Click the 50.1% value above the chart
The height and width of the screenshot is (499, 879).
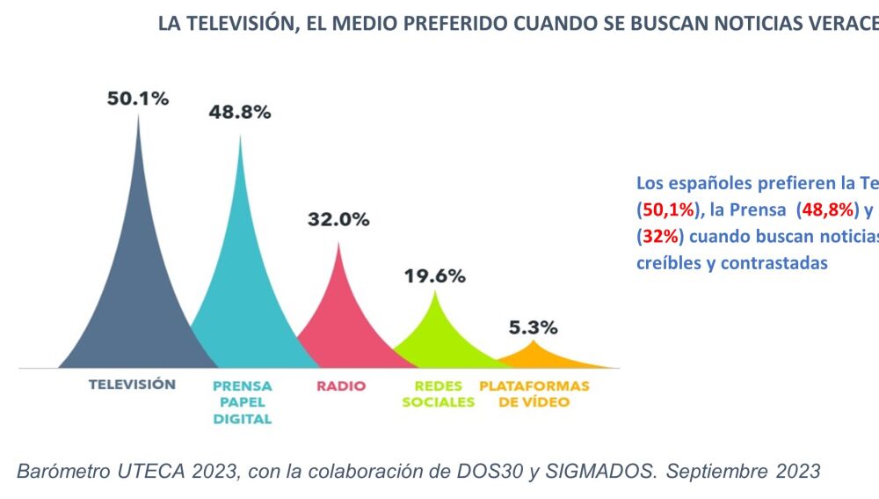[138, 99]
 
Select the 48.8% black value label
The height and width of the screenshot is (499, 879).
[240, 113]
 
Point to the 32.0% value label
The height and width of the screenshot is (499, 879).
[338, 220]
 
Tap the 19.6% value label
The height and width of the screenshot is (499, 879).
[434, 275]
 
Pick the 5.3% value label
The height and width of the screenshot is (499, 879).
[533, 327]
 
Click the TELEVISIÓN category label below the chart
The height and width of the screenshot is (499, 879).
[132, 385]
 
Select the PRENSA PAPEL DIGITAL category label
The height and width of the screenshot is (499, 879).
[243, 402]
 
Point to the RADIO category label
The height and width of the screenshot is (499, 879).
[340, 385]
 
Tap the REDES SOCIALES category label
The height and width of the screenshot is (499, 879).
[438, 394]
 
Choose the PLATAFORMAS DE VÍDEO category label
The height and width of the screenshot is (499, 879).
[534, 394]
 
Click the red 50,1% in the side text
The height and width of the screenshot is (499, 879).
[668, 210]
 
